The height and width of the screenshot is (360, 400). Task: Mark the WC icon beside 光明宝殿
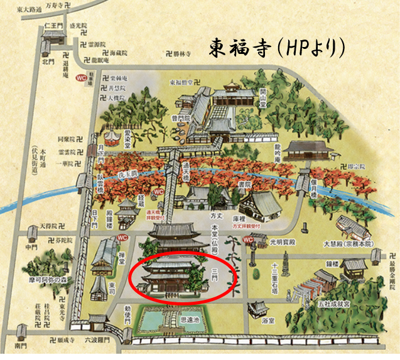click(248, 239)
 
